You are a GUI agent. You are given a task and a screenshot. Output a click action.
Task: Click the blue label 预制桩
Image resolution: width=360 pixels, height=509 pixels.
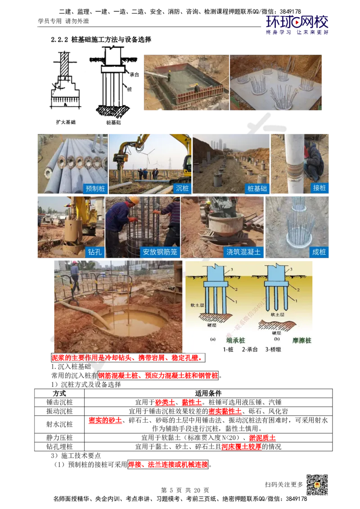(95, 188)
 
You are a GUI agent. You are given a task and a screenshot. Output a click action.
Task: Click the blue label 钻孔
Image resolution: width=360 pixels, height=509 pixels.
(95, 252)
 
